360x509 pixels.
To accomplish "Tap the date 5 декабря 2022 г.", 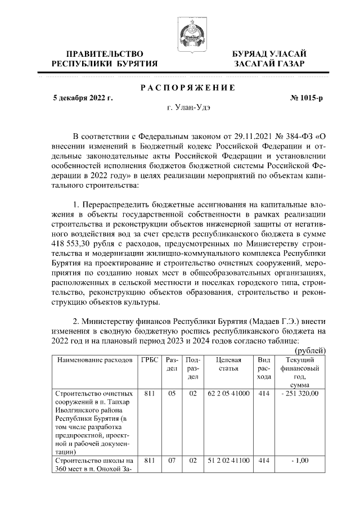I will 83,98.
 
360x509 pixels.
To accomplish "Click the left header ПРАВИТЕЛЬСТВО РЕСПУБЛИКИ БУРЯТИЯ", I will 105,58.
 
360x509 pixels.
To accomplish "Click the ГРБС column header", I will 149,359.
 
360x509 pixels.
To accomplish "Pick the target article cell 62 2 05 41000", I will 229,394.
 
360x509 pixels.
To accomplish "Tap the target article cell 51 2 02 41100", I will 229,461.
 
